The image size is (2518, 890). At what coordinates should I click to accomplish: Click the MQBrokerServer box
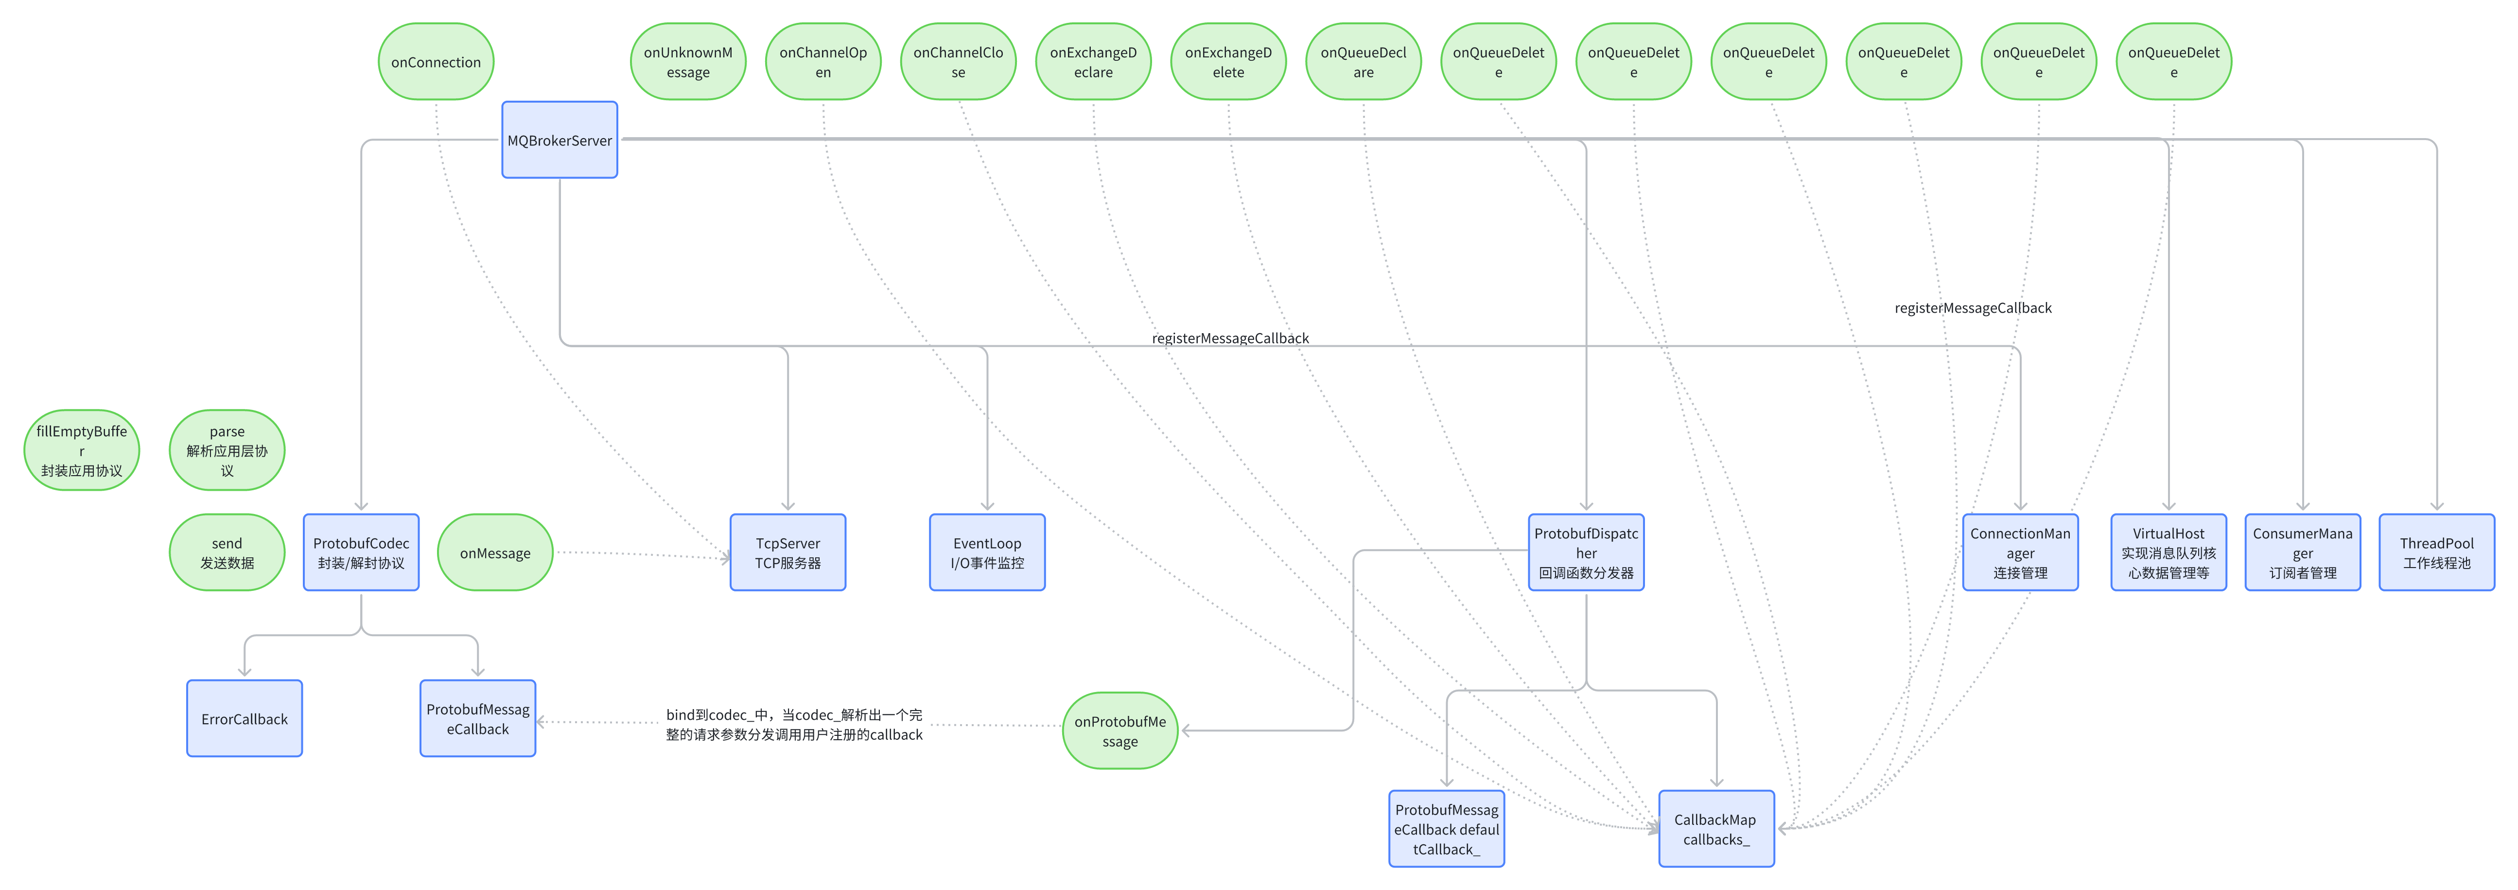(559, 140)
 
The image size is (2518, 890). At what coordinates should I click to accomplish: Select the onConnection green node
(436, 62)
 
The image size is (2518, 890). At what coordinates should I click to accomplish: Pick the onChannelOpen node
(823, 62)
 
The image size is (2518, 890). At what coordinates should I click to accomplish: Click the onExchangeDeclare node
(1093, 62)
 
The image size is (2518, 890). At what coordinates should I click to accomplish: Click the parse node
(227, 450)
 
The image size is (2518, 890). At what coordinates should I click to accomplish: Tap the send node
(227, 552)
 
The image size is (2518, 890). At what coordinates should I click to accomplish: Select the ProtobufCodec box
(361, 552)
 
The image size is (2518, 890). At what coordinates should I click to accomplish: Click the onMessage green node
(495, 552)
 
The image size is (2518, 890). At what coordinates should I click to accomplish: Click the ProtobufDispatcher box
(1586, 552)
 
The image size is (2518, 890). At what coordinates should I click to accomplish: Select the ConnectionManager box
(2019, 552)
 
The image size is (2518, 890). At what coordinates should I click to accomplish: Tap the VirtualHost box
(2168, 552)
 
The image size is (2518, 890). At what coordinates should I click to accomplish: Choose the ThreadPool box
(2436, 552)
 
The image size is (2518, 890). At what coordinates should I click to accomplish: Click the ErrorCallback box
(245, 719)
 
